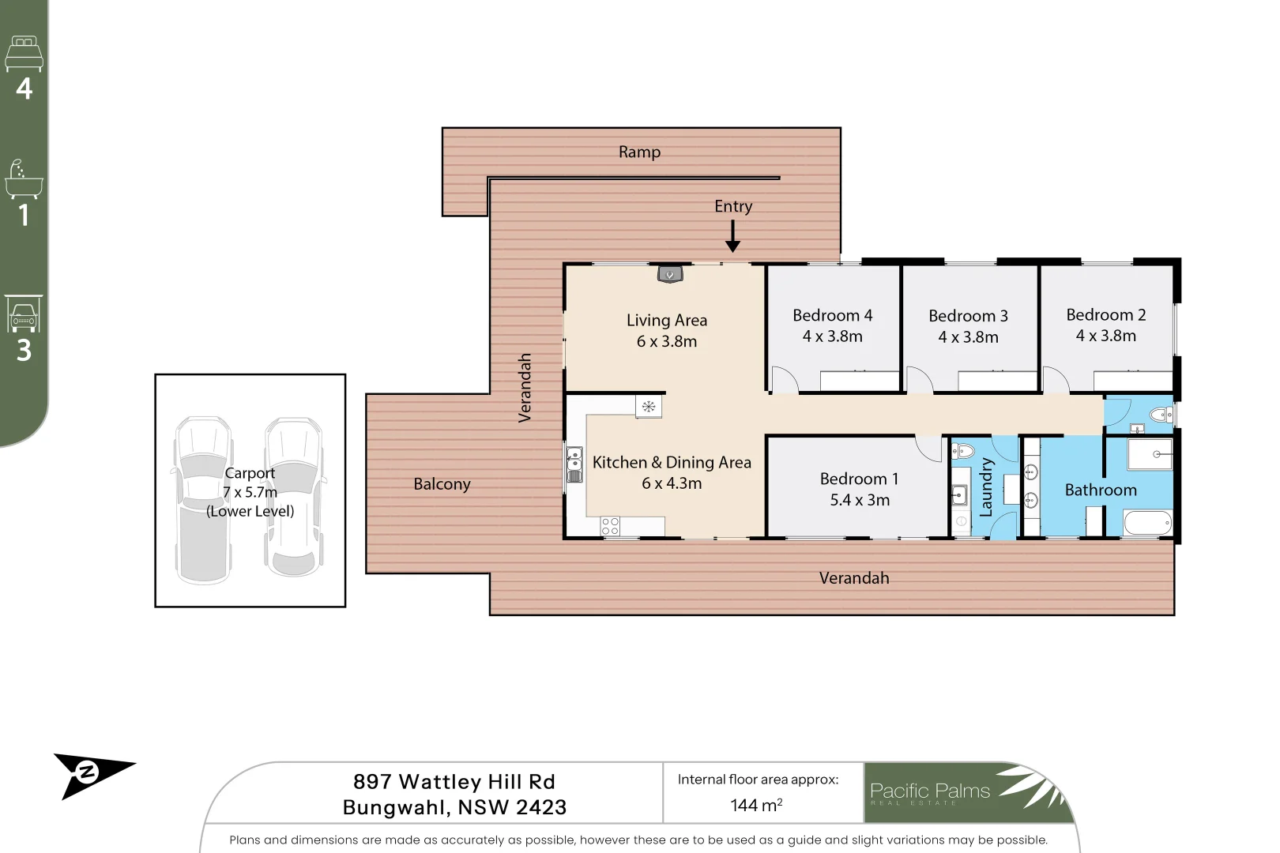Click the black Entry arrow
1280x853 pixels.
(x=732, y=236)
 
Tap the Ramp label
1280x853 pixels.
(x=639, y=152)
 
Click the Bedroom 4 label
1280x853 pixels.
(x=832, y=315)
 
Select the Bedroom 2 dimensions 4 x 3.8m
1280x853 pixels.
(x=1105, y=336)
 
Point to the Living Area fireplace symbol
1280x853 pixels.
(x=670, y=274)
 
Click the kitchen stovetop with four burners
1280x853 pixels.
(x=610, y=526)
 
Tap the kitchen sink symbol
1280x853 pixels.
(x=574, y=464)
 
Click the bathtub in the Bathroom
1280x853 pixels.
(x=1146, y=522)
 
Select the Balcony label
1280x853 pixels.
(x=442, y=484)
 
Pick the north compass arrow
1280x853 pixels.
(x=93, y=773)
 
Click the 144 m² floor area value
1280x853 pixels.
(x=756, y=805)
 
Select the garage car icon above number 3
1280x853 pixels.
(x=24, y=314)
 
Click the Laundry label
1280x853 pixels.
(x=985, y=487)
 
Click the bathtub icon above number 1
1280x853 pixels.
(x=24, y=179)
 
